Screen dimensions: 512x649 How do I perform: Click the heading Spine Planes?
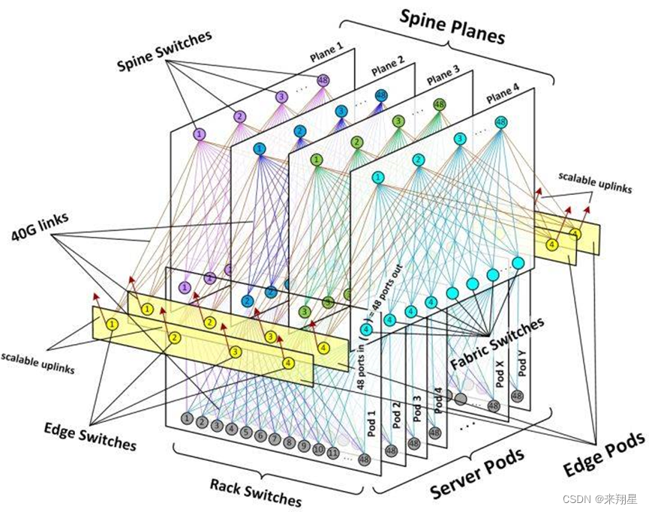pyautogui.click(x=451, y=26)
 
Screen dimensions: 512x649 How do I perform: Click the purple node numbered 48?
pyautogui.click(x=323, y=80)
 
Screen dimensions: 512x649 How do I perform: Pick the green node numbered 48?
pyautogui.click(x=439, y=104)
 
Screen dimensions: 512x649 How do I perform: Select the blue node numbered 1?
pyautogui.click(x=260, y=148)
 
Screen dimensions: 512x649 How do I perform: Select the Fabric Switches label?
pyautogui.click(x=497, y=344)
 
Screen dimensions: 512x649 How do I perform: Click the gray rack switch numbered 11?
pyautogui.click(x=332, y=453)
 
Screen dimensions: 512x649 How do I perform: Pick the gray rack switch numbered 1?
pyautogui.click(x=187, y=418)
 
